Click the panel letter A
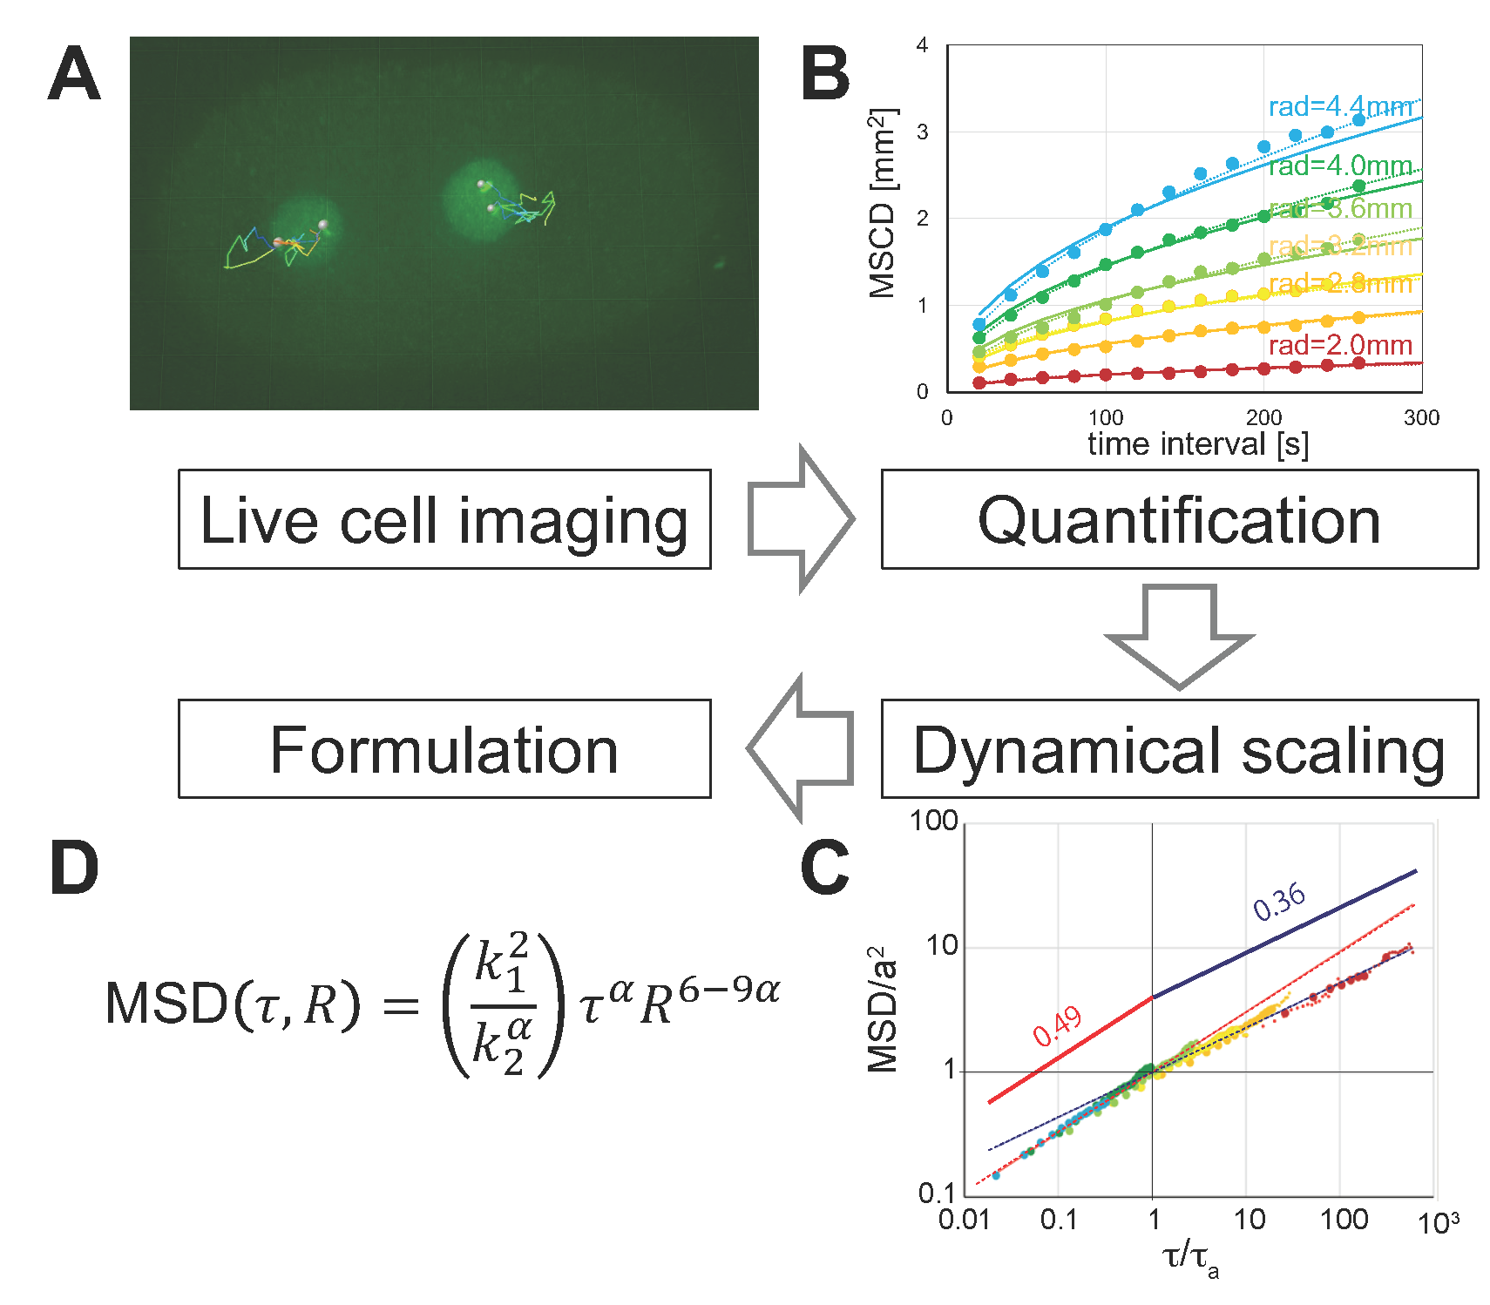74,74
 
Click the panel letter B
824,74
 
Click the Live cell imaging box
444,520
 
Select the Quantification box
1179,520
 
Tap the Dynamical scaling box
1179,749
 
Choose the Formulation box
444,749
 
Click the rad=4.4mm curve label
1339,107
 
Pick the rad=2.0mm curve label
1339,346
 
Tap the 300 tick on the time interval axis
1421,418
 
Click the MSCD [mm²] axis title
883,204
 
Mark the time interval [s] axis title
1198,445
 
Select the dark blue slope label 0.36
1279,901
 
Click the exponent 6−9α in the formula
728,991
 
